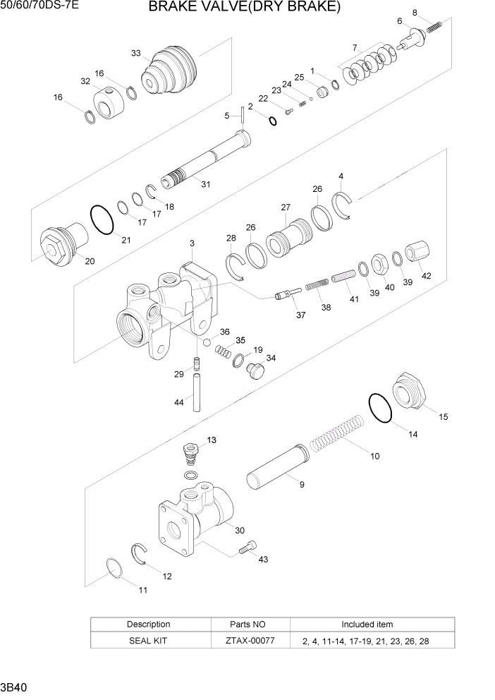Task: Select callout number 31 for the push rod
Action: [205, 185]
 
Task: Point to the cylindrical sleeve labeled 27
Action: [288, 236]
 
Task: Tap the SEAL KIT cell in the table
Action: [148, 641]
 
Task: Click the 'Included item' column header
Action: [367, 624]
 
